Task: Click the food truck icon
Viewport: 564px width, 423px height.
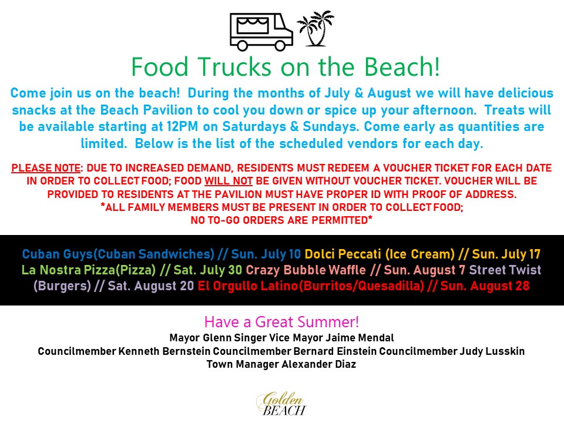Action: click(x=261, y=32)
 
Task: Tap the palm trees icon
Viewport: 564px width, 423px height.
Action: click(x=315, y=29)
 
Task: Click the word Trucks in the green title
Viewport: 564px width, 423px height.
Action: click(x=234, y=67)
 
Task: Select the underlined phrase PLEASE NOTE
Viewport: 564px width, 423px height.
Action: click(x=46, y=168)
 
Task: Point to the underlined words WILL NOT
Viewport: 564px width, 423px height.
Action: click(x=229, y=181)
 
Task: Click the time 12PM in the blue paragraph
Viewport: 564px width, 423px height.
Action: click(x=182, y=127)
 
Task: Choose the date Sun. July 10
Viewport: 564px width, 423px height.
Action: click(x=266, y=254)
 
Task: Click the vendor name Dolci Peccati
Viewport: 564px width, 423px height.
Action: click(x=343, y=254)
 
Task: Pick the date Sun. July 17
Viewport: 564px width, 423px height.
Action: click(x=506, y=254)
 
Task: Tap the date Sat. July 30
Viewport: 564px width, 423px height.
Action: click(x=208, y=270)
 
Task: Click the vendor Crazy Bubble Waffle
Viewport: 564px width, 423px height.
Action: click(x=305, y=270)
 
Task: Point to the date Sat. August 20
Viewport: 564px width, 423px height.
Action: click(x=151, y=286)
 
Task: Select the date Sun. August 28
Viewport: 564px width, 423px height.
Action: click(x=485, y=286)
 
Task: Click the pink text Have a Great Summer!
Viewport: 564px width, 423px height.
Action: click(x=281, y=321)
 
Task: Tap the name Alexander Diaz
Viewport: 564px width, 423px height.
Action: click(x=318, y=364)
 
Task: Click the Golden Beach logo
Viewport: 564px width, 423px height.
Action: click(x=281, y=404)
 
